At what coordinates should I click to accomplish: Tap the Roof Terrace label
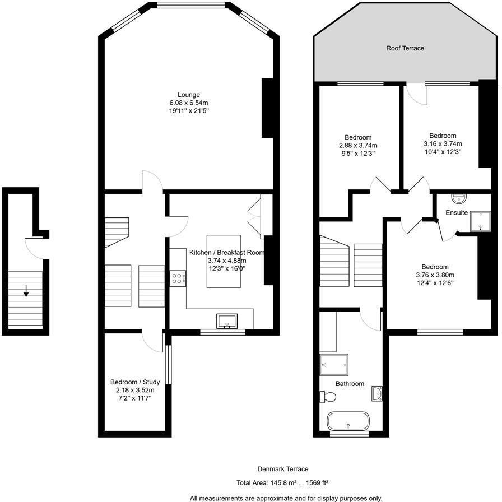pos(405,48)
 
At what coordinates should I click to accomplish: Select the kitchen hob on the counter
pos(178,278)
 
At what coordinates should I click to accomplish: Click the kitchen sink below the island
pos(227,321)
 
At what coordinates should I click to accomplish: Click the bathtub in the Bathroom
pos(348,421)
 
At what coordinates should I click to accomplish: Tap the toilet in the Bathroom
pos(327,397)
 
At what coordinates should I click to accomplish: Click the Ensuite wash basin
pos(459,198)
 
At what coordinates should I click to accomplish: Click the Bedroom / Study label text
pos(134,382)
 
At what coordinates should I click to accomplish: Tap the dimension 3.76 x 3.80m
pos(435,275)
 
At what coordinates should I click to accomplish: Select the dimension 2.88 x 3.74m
pos(357,145)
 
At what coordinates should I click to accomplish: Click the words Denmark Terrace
pos(282,469)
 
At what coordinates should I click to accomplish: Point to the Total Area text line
pos(282,482)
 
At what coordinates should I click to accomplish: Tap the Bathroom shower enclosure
pos(334,365)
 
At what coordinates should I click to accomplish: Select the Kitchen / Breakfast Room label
pos(226,253)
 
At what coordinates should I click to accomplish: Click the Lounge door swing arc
pos(152,180)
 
